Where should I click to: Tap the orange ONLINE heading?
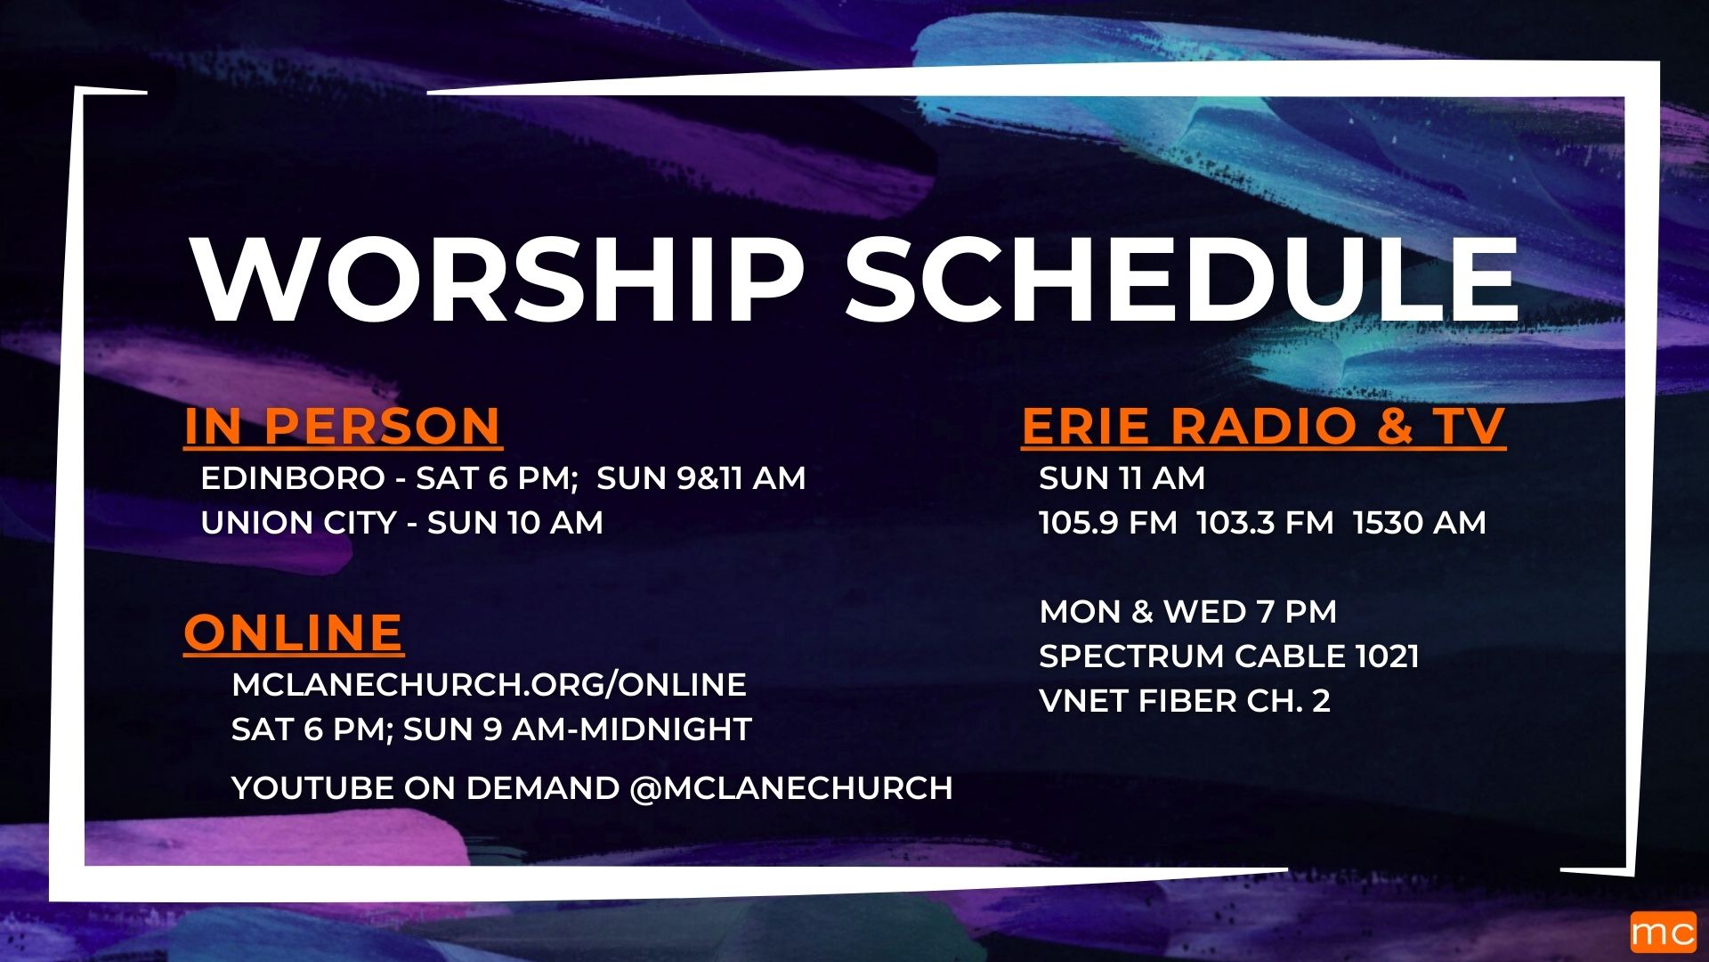coord(293,632)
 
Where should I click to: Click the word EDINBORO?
coord(292,478)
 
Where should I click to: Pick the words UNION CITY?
coord(298,523)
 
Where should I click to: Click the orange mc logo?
coord(1663,933)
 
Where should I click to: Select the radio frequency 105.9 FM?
coord(1107,523)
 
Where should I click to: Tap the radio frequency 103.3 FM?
coord(1265,523)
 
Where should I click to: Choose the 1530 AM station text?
coord(1420,523)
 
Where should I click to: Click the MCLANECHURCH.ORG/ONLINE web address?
coord(489,685)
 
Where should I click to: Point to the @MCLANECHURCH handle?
coord(791,788)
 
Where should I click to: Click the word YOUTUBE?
coord(312,788)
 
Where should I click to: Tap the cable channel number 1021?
coord(1387,656)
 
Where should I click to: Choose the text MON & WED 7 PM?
coord(1188,612)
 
